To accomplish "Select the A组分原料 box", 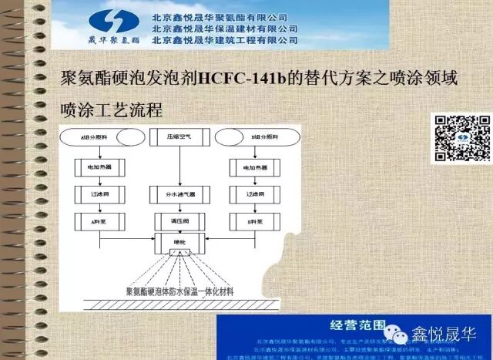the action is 92,137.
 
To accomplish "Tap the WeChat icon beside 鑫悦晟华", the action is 401,337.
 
